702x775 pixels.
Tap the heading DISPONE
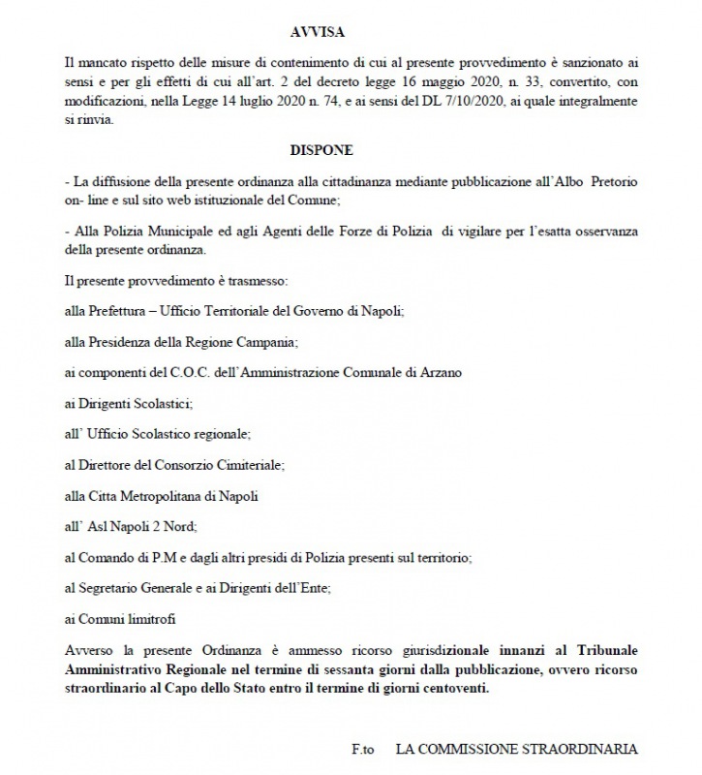point(320,152)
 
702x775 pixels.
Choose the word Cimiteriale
point(249,465)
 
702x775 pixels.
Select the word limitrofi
point(150,619)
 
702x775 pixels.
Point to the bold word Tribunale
point(605,647)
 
